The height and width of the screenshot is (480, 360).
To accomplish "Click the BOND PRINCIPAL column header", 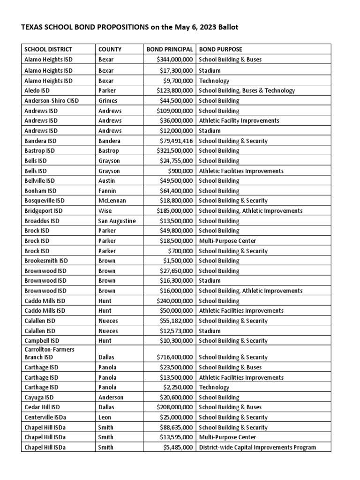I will tap(169, 49).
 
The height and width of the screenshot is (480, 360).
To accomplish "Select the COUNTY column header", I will tap(110, 49).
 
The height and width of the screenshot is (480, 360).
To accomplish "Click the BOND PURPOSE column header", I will tap(220, 49).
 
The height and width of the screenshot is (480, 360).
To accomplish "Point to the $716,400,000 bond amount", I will tap(174, 357).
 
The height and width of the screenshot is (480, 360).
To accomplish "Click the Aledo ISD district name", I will tap(37, 90).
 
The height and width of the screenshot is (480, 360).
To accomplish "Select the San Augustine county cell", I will tap(117, 221).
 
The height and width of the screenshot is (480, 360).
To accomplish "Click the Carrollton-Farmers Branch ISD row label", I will tap(49, 353).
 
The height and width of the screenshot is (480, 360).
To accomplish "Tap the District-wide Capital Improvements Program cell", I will tap(257, 448).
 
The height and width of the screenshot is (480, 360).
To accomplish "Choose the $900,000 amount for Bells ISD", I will tap(181, 171).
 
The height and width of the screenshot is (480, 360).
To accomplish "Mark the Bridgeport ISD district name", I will tap(43, 211).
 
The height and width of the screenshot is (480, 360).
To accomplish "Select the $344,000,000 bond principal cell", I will tap(174, 60).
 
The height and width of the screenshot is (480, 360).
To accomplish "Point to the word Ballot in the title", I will tap(227, 27).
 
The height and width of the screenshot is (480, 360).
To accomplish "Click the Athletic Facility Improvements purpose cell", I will tap(239, 120).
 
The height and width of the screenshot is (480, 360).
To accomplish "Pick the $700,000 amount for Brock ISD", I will tap(181, 251).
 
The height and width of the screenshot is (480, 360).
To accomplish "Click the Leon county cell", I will tap(105, 418).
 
